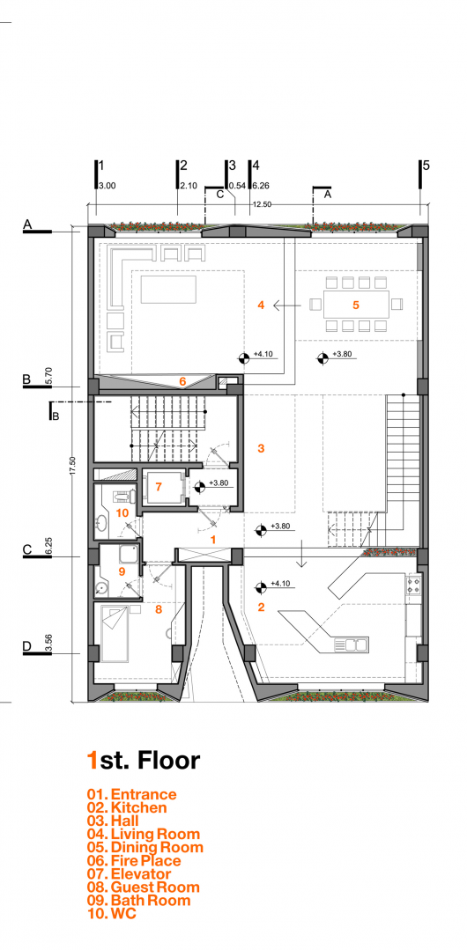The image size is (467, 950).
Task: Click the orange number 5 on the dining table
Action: coord(356,306)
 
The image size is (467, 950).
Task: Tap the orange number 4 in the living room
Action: coord(261,306)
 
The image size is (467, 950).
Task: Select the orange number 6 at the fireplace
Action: coord(182,381)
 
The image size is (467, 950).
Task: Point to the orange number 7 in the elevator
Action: coord(159,486)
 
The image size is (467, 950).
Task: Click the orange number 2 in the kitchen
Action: coord(261,607)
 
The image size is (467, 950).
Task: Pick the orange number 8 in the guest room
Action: coord(159,608)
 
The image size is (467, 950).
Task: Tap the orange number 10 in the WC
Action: coord(122,512)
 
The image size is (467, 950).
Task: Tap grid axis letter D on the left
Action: coord(27,647)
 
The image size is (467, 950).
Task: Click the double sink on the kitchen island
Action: coord(356,645)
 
